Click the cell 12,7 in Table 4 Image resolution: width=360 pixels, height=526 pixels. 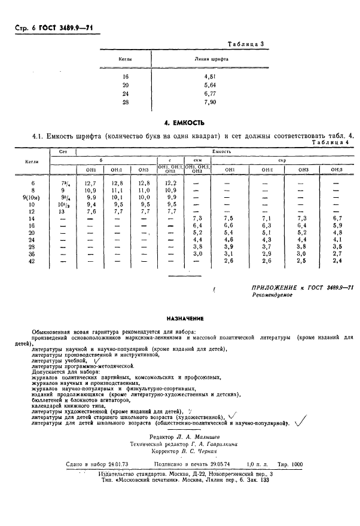(x=91, y=182)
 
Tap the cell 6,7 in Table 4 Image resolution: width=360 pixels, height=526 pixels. (x=337, y=219)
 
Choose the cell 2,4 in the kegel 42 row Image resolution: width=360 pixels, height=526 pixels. (x=337, y=261)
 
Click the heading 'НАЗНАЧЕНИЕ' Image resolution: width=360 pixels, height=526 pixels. (x=185, y=319)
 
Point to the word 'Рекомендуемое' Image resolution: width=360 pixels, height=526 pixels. (x=272, y=295)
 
